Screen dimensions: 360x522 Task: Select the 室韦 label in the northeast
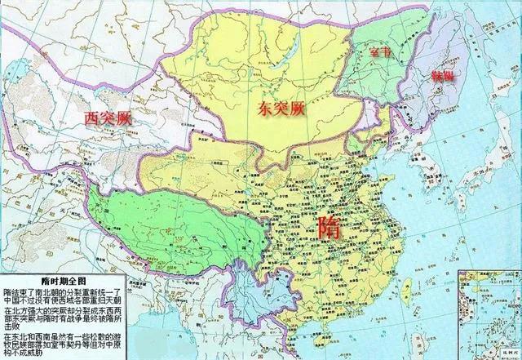(x=378, y=51)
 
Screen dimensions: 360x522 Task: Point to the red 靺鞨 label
(x=433, y=75)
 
